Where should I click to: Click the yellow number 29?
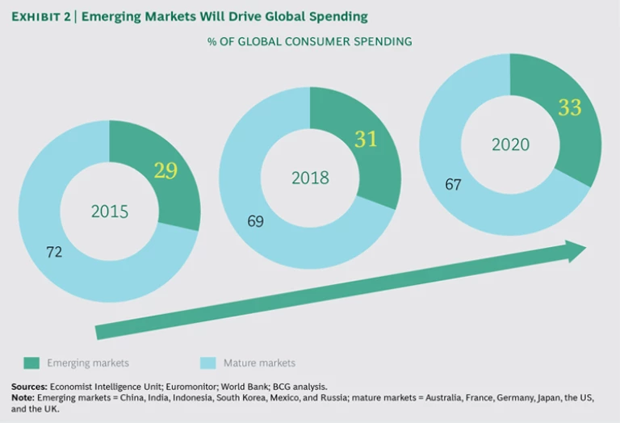[x=165, y=171]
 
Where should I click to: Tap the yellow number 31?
[x=366, y=139]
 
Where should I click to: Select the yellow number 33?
[x=569, y=107]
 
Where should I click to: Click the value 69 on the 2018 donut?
[x=255, y=220]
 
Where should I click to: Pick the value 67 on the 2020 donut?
[x=453, y=185]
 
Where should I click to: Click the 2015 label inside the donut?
[x=110, y=212]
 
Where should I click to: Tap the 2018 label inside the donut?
[x=311, y=178]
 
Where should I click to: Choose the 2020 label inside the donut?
[x=510, y=145]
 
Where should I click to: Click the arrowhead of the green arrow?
[x=575, y=251]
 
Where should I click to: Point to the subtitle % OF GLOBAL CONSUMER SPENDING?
[x=310, y=41]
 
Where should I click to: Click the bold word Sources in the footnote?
[x=28, y=387]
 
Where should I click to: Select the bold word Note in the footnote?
[x=23, y=398]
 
